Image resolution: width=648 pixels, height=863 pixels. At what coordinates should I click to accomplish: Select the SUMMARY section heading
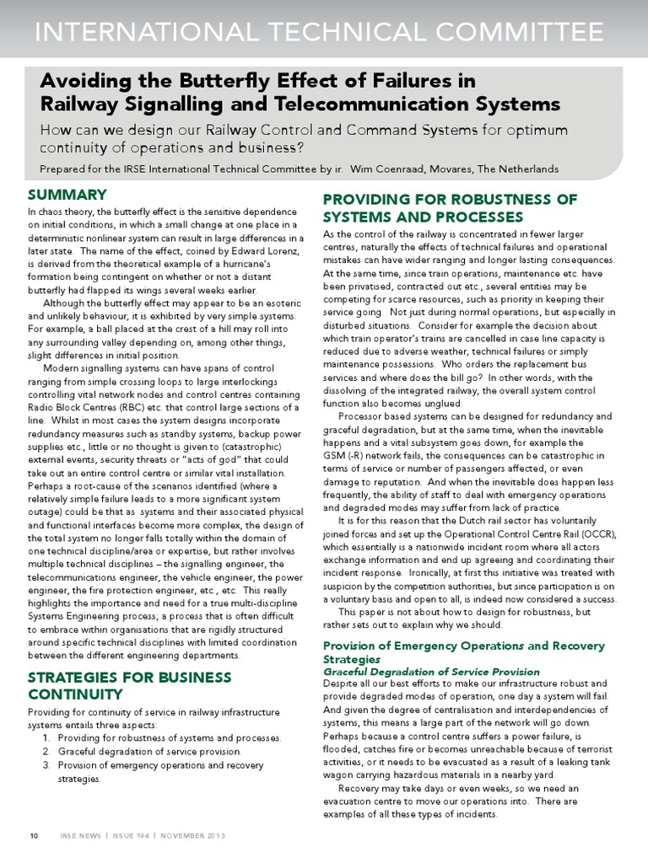(x=67, y=195)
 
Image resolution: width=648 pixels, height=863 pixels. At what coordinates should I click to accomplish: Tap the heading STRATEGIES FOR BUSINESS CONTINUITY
(x=129, y=686)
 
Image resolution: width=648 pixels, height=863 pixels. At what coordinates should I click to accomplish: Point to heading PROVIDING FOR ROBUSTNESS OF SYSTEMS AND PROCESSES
(x=451, y=208)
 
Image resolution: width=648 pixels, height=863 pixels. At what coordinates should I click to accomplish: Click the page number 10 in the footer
(x=34, y=835)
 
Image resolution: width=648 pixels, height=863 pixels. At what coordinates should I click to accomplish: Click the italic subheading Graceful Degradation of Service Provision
(x=431, y=672)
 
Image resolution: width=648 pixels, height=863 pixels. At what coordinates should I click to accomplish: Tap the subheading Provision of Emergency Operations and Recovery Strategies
(x=464, y=651)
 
